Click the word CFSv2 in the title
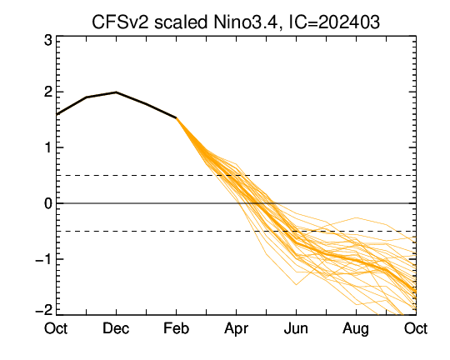[121, 22]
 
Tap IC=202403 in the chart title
[334, 22]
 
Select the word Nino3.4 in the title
[246, 23]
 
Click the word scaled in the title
[181, 22]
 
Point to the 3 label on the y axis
[48, 41]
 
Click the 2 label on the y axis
[48, 92]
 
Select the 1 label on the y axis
[48, 147]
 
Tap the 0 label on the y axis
[48, 203]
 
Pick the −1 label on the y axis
[44, 259]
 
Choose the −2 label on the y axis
[44, 310]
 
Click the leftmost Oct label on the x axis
[56, 328]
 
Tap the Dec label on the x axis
[116, 328]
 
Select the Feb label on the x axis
[176, 328]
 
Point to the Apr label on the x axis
[236, 329]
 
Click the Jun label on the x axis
[296, 328]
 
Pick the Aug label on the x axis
[356, 329]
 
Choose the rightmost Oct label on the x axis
[416, 328]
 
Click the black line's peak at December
[116, 92]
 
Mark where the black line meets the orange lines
[176, 117]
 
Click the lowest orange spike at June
[296, 284]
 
